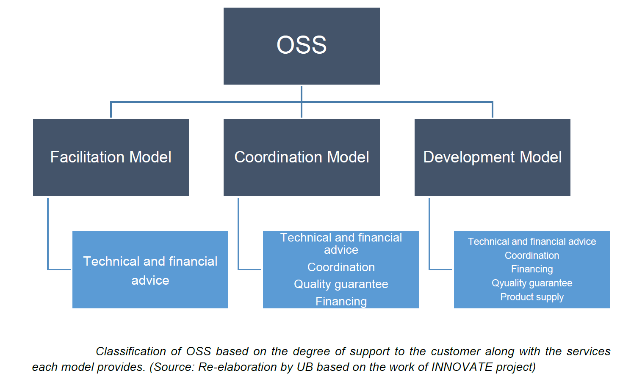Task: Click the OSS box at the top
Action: [302, 46]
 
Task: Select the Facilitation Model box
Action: [111, 158]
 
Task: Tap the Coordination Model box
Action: [302, 158]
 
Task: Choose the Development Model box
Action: [492, 158]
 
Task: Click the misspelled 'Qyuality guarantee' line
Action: [532, 283]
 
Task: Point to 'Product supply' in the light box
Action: [532, 297]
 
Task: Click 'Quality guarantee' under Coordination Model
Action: [341, 284]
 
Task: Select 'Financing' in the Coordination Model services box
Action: [341, 301]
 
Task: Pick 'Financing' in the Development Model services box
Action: [532, 269]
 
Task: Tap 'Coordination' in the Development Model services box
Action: [532, 255]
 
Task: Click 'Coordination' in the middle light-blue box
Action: [341, 267]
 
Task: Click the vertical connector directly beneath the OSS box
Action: [302, 102]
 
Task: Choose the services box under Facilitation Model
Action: [150, 269]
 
